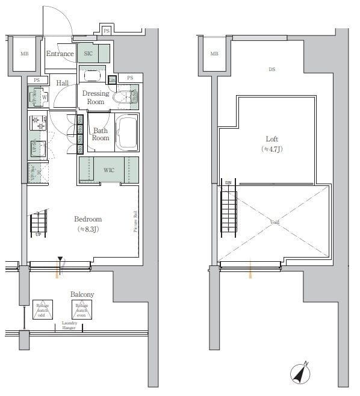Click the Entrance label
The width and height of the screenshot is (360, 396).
point(60,54)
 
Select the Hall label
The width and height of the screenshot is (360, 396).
point(63,83)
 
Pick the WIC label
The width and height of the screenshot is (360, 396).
point(108,170)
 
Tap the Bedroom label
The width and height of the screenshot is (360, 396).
point(88,223)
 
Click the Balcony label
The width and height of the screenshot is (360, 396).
point(82,294)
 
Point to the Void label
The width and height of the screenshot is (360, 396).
point(275,223)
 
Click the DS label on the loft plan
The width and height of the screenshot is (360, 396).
point(272,70)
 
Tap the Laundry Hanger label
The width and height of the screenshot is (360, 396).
point(69,325)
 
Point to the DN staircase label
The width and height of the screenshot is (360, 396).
point(228,182)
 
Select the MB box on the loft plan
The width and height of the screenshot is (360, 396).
point(214,54)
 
